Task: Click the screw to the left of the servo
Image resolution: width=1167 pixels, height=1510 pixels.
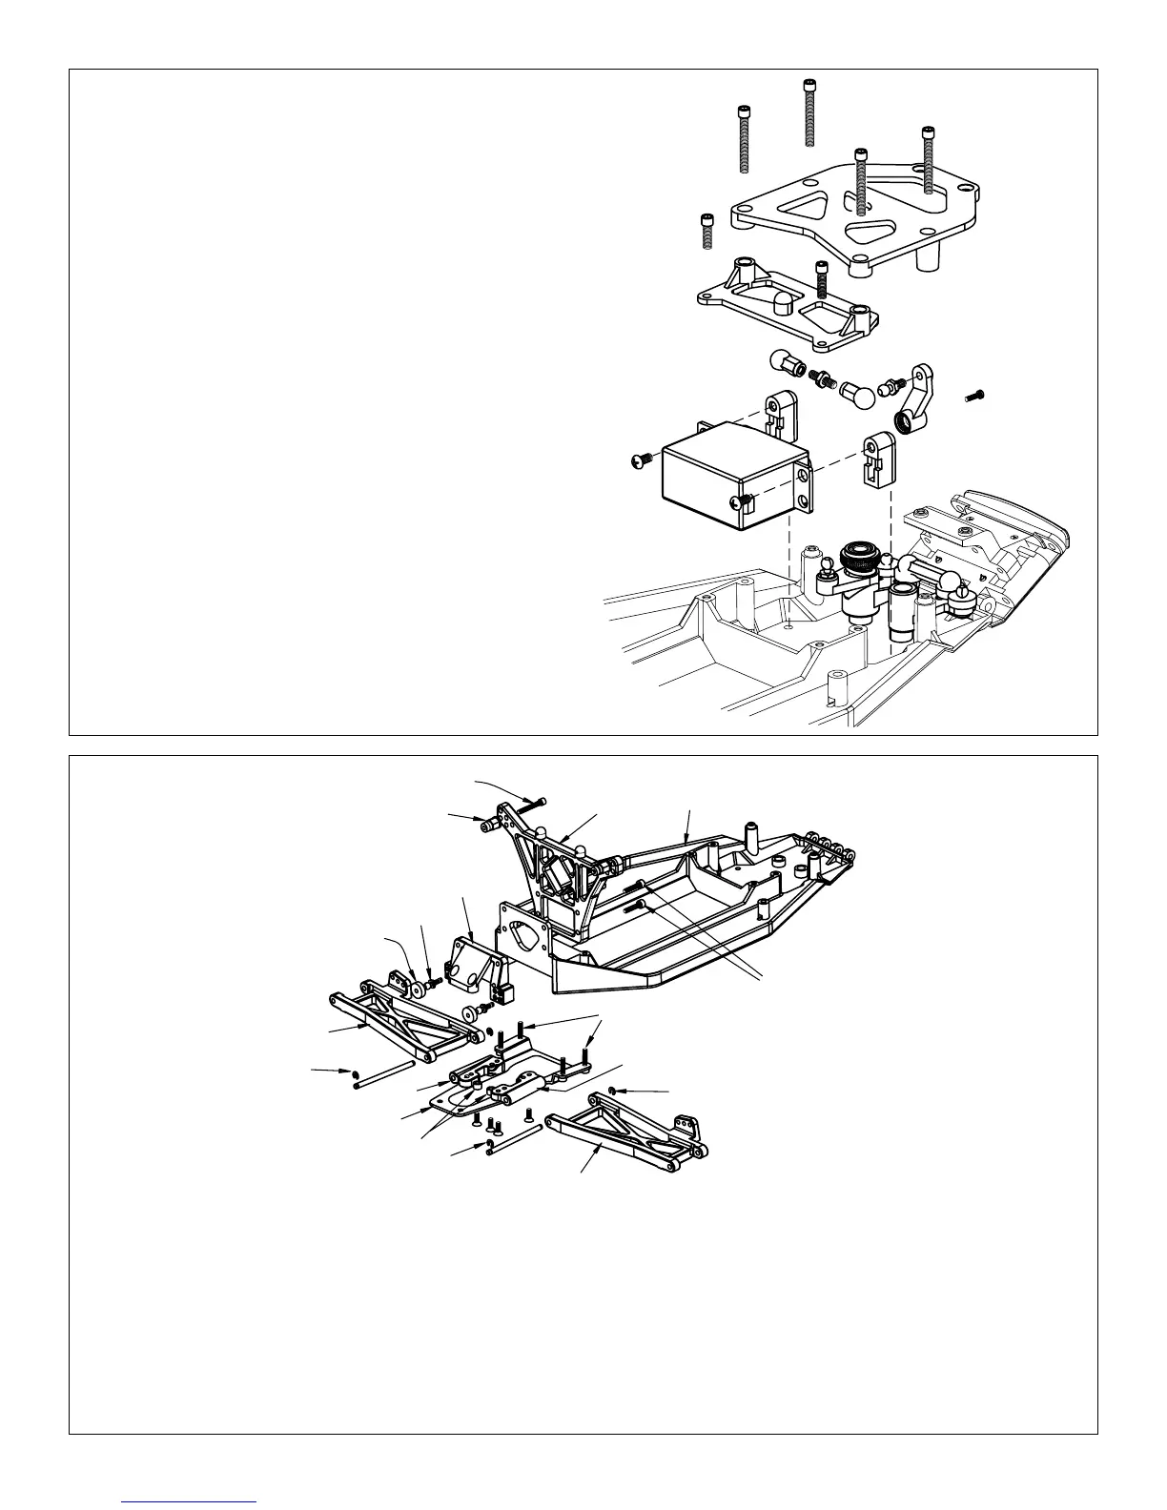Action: (x=642, y=462)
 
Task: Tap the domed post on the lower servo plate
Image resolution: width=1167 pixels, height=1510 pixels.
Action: (x=783, y=304)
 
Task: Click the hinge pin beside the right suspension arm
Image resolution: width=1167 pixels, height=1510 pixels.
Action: (x=515, y=1140)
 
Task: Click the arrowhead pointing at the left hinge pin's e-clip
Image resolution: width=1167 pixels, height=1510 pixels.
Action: (x=345, y=1071)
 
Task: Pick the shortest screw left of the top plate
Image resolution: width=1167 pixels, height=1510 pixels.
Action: (x=706, y=231)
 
